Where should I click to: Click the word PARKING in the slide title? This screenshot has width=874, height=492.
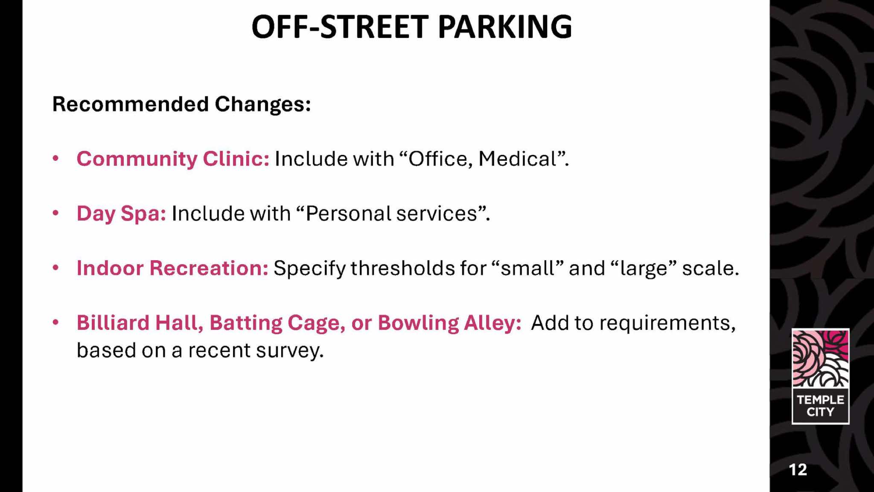(505, 27)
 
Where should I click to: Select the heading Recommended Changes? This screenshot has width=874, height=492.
(181, 104)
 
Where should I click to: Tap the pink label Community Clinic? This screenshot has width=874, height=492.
(173, 159)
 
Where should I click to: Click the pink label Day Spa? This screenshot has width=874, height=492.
(121, 213)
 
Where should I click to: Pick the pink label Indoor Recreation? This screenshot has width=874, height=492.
(172, 268)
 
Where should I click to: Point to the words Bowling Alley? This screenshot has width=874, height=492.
(450, 323)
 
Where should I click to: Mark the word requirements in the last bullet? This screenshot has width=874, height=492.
(668, 323)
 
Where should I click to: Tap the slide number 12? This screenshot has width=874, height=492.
(798, 470)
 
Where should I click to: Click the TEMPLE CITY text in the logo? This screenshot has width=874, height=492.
(820, 406)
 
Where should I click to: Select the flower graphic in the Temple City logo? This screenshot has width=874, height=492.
(820, 358)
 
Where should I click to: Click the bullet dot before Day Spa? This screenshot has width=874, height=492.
(55, 213)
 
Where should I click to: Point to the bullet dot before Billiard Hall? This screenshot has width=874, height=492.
(55, 322)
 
